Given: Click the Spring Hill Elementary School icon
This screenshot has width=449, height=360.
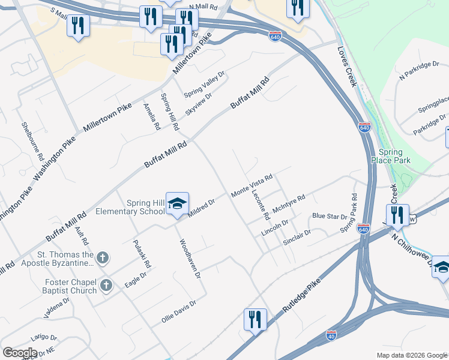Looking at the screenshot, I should [x=177, y=205].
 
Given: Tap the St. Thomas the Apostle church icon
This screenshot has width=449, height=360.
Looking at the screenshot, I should [x=103, y=259].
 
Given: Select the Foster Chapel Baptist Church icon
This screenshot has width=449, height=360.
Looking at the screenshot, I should [x=106, y=285].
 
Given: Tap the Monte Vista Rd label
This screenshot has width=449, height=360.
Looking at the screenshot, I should [x=253, y=185].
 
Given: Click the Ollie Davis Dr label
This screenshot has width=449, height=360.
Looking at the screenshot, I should [x=179, y=312].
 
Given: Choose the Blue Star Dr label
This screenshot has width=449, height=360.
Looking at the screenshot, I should [x=330, y=216].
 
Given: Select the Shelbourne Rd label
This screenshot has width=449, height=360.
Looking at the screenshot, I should [x=33, y=141].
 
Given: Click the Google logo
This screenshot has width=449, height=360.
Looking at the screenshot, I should [x=20, y=353].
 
